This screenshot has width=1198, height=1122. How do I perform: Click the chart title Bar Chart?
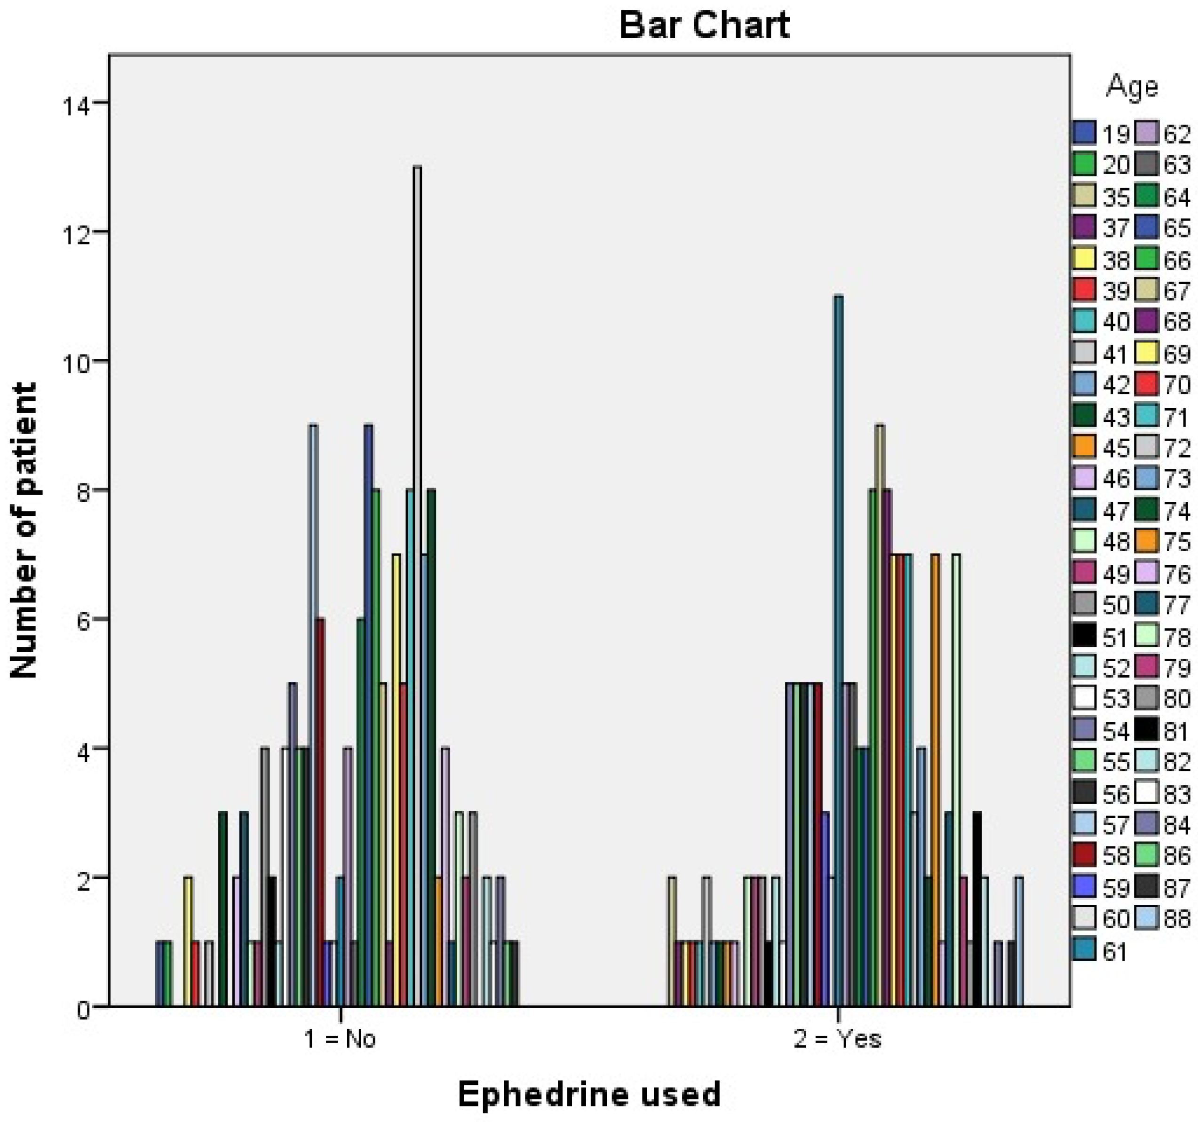pyautogui.click(x=704, y=25)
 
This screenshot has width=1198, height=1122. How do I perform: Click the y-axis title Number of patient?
pyautogui.click(x=24, y=530)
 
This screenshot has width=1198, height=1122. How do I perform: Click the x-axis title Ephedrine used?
pyautogui.click(x=589, y=1094)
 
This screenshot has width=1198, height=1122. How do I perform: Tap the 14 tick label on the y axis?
pyautogui.click(x=76, y=106)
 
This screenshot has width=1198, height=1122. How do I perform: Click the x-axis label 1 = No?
pyautogui.click(x=340, y=1039)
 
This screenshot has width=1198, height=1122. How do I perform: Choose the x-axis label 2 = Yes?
pyautogui.click(x=838, y=1039)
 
